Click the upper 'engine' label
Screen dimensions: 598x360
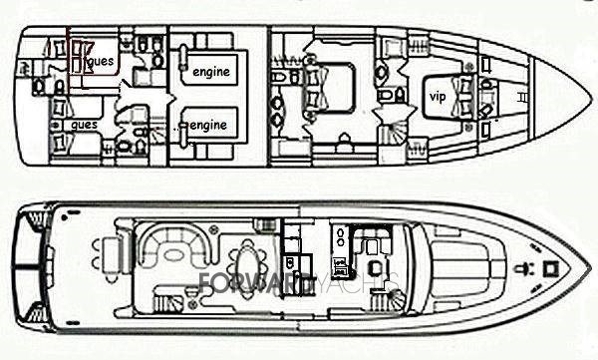pyautogui.click(x=211, y=71)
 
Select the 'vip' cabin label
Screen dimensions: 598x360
pyautogui.click(x=437, y=97)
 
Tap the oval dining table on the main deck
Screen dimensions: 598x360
pyautogui.click(x=245, y=264)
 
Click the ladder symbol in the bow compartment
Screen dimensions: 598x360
pyautogui.click(x=524, y=97)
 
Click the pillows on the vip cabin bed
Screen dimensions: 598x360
pyautogui.click(x=461, y=96)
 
